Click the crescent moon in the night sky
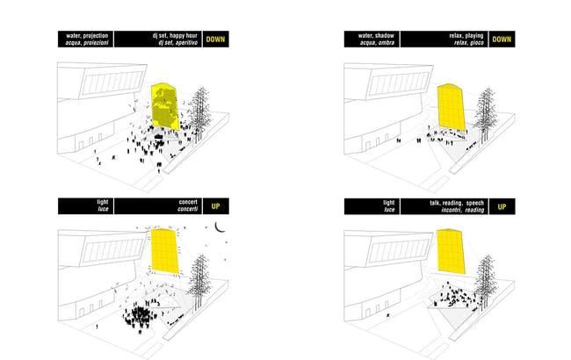(x=220, y=228)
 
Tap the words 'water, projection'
(x=87, y=36)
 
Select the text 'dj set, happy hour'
(x=175, y=36)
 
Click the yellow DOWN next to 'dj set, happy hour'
(x=215, y=40)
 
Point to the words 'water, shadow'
(x=376, y=36)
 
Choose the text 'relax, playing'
(x=466, y=36)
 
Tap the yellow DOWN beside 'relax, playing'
(x=502, y=40)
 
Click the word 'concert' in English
(x=188, y=202)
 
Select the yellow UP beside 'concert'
(x=215, y=206)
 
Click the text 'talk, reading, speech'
(x=457, y=203)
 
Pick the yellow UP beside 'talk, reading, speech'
(x=502, y=206)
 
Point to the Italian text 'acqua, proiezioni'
(x=87, y=43)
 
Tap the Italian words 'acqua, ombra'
(x=377, y=43)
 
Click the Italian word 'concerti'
(x=188, y=209)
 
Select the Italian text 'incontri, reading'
(x=462, y=210)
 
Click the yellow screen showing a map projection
(x=165, y=106)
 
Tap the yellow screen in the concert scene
(x=164, y=251)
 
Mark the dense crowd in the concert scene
(x=140, y=316)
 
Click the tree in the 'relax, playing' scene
(x=485, y=113)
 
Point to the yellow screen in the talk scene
(x=451, y=251)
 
